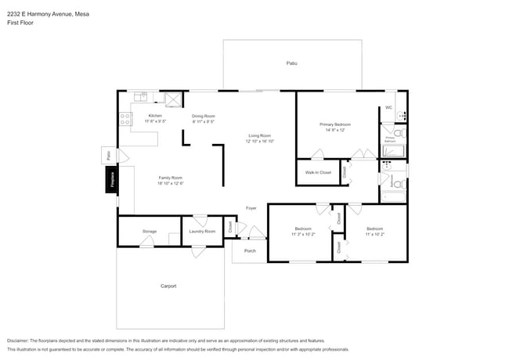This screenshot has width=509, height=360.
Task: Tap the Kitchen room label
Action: (x=155, y=116)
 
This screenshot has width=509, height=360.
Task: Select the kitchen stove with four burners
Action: (x=124, y=120)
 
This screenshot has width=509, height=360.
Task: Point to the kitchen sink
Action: (x=140, y=97)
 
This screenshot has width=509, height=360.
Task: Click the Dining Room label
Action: (x=203, y=116)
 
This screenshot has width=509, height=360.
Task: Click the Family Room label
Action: (x=171, y=178)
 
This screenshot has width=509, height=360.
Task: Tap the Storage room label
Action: (x=149, y=231)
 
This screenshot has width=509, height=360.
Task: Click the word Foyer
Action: (x=251, y=207)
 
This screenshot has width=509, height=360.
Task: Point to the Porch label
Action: (x=250, y=250)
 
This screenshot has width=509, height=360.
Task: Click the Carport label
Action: (x=168, y=286)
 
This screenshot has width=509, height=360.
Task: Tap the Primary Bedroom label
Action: (x=334, y=124)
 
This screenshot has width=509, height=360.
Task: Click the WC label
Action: (x=388, y=107)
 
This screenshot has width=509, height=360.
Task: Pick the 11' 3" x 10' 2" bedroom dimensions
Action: (x=302, y=234)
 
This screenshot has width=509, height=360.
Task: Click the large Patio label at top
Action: (x=291, y=63)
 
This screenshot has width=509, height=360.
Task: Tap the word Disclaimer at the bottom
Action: (x=22, y=340)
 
